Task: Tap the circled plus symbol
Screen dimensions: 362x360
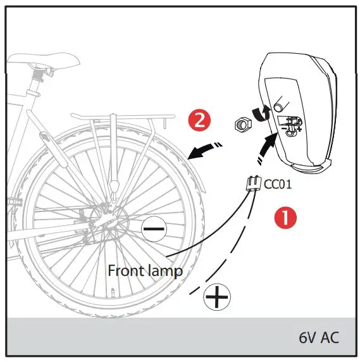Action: coord(217,296)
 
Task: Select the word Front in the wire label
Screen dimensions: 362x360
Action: coord(127,270)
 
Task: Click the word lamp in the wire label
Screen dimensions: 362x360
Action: coord(166,271)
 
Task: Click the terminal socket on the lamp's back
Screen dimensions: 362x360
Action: coord(290,125)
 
